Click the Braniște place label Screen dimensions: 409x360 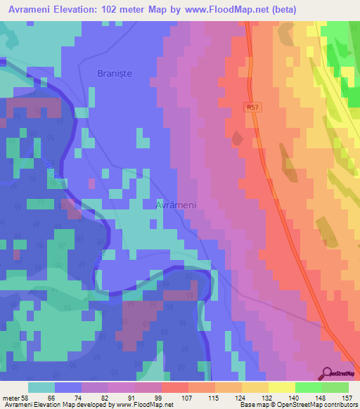click(x=115, y=72)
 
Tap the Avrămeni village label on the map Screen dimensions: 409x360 click(x=175, y=204)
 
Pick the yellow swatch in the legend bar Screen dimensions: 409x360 click(x=282, y=387)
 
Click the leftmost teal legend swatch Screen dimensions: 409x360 click(x=41, y=387)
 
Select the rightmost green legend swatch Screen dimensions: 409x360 click(x=335, y=387)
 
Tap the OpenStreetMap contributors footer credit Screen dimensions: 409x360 click(x=316, y=405)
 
